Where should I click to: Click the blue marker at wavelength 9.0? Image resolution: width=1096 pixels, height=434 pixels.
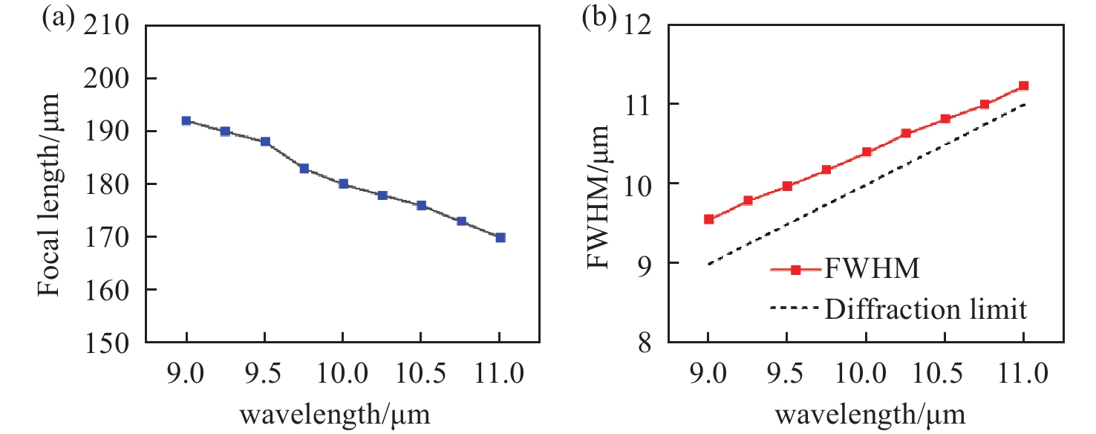[186, 120]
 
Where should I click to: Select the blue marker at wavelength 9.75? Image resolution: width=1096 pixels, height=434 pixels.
[304, 169]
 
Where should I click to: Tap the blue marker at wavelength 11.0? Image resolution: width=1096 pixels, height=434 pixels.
[500, 237]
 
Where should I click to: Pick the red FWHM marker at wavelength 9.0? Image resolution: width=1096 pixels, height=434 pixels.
[708, 219]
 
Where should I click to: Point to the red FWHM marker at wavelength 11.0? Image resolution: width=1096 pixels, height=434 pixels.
[1023, 86]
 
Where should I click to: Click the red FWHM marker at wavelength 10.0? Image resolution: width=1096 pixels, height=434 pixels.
[866, 152]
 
